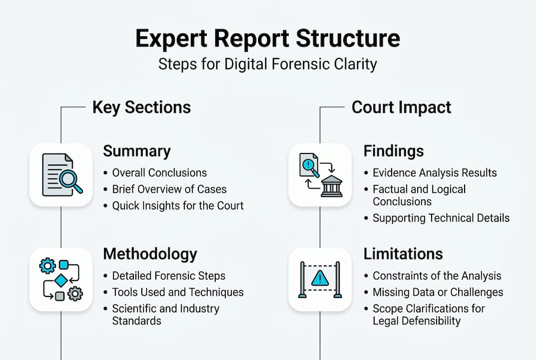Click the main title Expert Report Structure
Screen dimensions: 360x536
(268, 39)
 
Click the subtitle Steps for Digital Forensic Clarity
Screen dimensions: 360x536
(268, 64)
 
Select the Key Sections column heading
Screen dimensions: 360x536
(141, 107)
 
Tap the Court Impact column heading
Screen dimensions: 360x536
(401, 107)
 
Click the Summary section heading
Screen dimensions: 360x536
(136, 151)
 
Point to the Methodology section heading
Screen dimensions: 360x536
(150, 254)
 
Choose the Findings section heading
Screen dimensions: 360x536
(393, 151)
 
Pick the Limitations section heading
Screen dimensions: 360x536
(403, 254)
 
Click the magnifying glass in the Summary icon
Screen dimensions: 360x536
(70, 181)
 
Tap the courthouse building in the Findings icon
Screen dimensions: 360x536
(331, 186)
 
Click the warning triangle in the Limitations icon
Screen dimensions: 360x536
(320, 278)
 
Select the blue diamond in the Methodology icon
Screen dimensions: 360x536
(61, 280)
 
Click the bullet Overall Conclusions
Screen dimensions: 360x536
(159, 173)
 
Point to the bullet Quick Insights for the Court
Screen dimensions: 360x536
(177, 205)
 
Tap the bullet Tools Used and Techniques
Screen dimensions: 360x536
(177, 292)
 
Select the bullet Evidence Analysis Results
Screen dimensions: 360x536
(435, 173)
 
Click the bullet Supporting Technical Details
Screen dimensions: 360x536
(441, 218)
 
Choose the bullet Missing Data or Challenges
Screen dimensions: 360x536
(438, 292)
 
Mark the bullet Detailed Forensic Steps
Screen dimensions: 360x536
(168, 276)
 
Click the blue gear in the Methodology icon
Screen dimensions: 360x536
(47, 266)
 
